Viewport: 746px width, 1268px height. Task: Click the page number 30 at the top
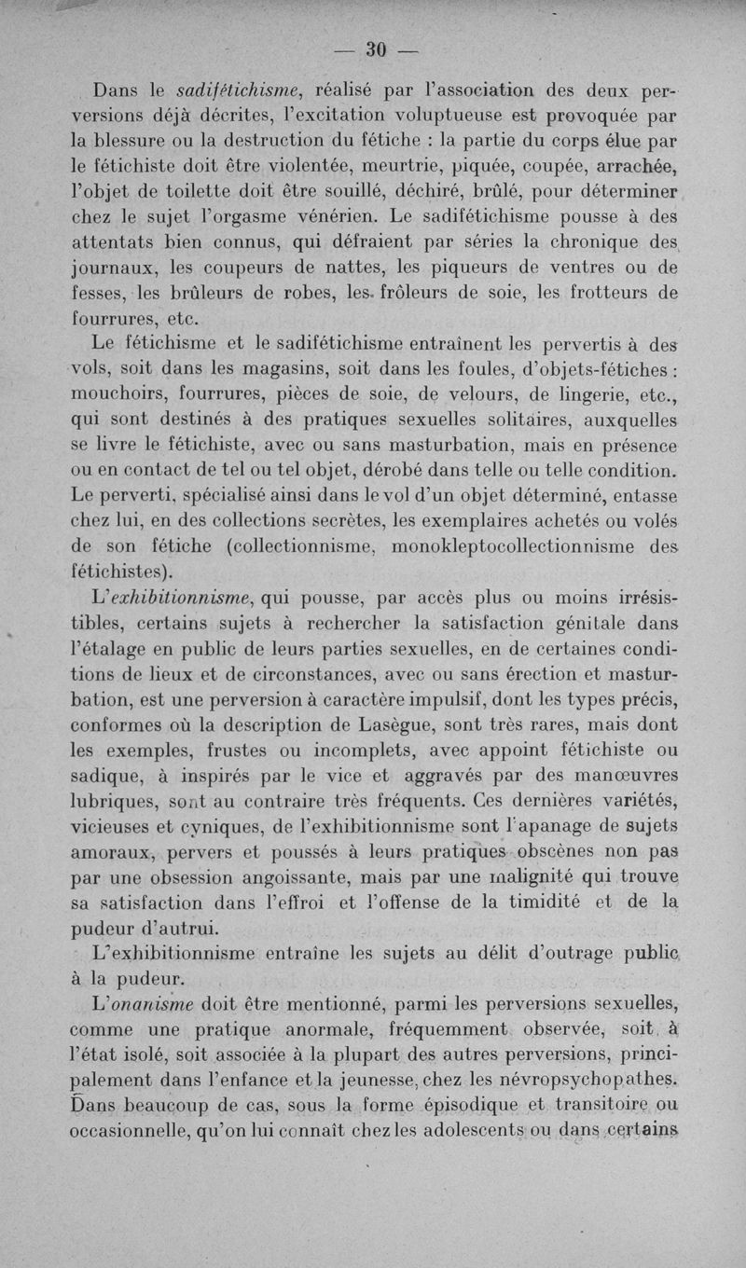pyautogui.click(x=376, y=48)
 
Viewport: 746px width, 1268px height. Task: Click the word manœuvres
pyautogui.click(x=624, y=774)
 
